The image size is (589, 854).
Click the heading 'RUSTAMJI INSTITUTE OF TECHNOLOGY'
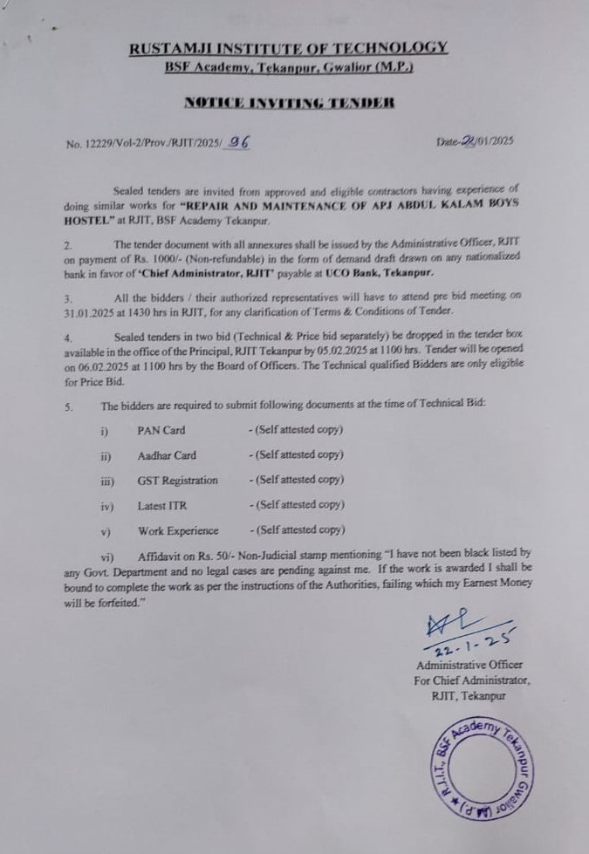point(289,48)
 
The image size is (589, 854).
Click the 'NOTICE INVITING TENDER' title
point(289,103)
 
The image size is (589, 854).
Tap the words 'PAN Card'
point(161,430)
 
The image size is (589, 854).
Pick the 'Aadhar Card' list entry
point(166,455)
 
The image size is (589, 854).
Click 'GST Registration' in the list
point(177,480)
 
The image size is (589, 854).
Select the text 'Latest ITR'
point(161,505)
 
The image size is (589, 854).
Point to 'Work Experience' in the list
point(177,530)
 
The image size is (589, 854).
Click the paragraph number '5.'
point(69,406)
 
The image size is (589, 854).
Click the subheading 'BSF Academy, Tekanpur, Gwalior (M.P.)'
point(289,67)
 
